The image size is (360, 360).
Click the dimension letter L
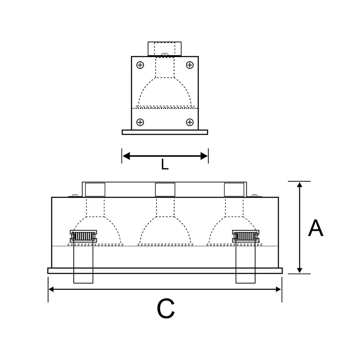tap(165, 164)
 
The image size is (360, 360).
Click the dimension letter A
tap(316, 228)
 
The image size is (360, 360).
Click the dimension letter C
tap(166, 308)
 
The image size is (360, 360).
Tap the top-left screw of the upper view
tap(140, 65)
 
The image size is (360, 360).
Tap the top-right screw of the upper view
tap(189, 65)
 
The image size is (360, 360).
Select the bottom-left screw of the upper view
tap(140, 122)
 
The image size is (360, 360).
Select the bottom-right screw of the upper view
tap(189, 122)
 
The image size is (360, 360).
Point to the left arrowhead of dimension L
tap(126, 156)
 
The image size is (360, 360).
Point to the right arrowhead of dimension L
tap(204, 156)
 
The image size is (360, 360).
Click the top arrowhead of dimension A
tap(299, 185)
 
